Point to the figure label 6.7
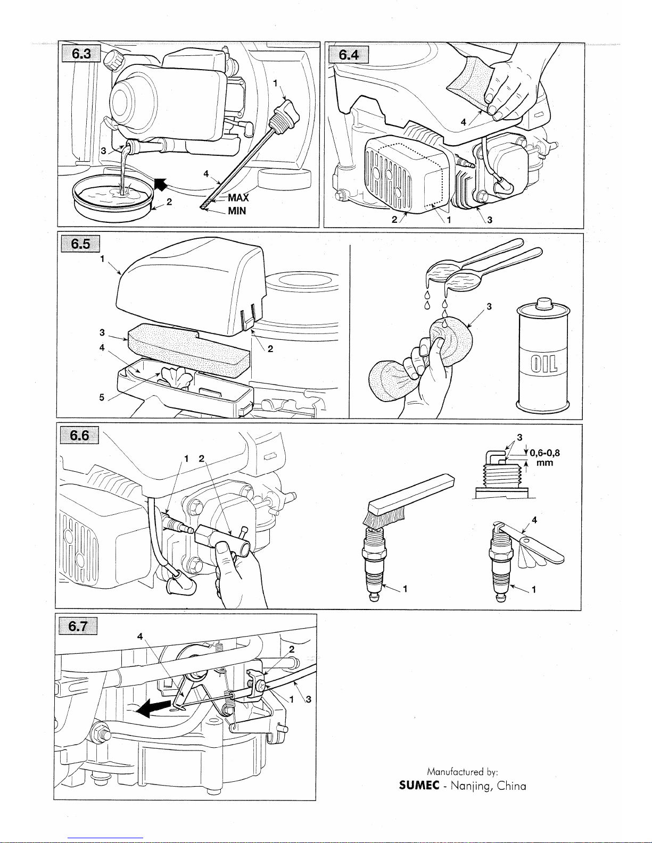click(80, 627)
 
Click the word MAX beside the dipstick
click(238, 198)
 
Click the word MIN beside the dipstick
click(237, 211)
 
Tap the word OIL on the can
click(542, 366)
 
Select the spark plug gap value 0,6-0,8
click(544, 454)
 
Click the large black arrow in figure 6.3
click(160, 183)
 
